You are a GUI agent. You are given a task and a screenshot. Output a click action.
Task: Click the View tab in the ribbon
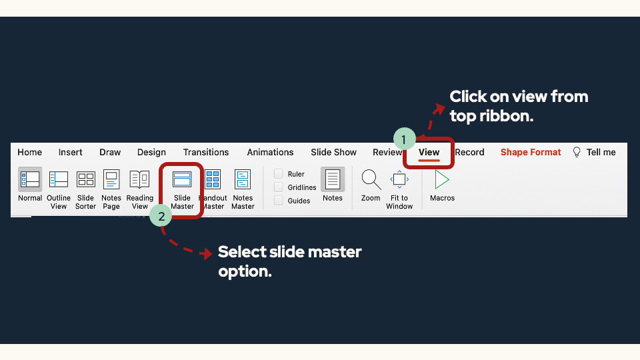click(x=429, y=152)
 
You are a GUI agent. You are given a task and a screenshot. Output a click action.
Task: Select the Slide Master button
click(x=182, y=180)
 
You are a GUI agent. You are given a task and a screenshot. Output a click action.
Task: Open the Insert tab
click(x=70, y=152)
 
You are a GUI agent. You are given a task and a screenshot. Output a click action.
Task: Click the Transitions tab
click(x=206, y=152)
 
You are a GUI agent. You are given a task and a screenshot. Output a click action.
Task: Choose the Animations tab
click(x=270, y=152)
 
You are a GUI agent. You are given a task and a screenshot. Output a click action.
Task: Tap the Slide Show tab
click(x=333, y=152)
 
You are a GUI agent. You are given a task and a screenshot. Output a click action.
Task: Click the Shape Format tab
click(x=531, y=152)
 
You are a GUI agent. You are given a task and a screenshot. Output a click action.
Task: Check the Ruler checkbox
click(x=279, y=174)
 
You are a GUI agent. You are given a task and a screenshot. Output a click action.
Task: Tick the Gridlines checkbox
click(x=279, y=187)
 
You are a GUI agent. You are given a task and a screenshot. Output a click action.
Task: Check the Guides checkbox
click(x=279, y=201)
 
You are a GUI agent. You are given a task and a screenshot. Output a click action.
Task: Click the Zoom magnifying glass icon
click(x=371, y=179)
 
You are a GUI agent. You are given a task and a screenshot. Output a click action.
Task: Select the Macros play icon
click(x=441, y=179)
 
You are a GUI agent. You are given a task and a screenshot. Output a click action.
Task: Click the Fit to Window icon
click(x=399, y=179)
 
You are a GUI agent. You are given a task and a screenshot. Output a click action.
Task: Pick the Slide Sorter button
click(x=86, y=179)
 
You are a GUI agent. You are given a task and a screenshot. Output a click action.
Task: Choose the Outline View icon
click(x=59, y=179)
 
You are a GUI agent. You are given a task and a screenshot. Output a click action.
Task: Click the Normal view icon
click(x=30, y=179)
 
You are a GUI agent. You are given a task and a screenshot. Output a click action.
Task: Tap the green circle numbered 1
click(x=404, y=139)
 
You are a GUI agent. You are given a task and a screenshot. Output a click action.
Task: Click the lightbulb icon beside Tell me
click(x=577, y=152)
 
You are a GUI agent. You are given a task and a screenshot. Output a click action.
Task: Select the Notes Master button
click(x=243, y=180)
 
